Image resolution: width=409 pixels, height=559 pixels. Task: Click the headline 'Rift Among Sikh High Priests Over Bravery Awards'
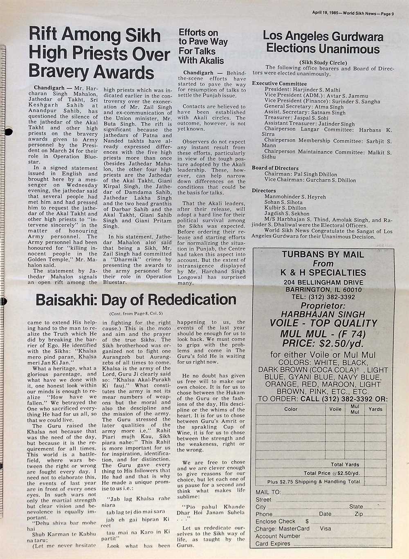click(99, 54)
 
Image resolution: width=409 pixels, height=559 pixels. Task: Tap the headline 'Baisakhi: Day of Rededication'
click(136, 300)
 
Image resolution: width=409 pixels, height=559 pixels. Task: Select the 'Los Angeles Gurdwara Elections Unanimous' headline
click(323, 43)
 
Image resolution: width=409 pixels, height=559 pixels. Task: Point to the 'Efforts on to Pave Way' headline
click(203, 37)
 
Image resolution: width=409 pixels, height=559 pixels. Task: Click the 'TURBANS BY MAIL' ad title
click(323, 254)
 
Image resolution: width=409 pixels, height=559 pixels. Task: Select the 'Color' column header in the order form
click(291, 409)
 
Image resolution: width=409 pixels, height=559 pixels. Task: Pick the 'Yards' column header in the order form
click(375, 409)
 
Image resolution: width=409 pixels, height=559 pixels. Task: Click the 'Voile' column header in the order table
click(335, 409)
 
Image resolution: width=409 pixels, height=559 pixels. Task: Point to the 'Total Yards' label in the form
click(345, 465)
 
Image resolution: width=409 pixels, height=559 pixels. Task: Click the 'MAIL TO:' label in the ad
click(268, 492)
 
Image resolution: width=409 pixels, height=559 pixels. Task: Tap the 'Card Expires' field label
click(273, 543)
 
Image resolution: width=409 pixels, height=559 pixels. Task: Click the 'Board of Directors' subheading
click(275, 168)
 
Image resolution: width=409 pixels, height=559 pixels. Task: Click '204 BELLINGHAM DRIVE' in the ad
click(323, 283)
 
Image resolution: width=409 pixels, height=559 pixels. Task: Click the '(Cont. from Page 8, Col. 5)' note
click(136, 314)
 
